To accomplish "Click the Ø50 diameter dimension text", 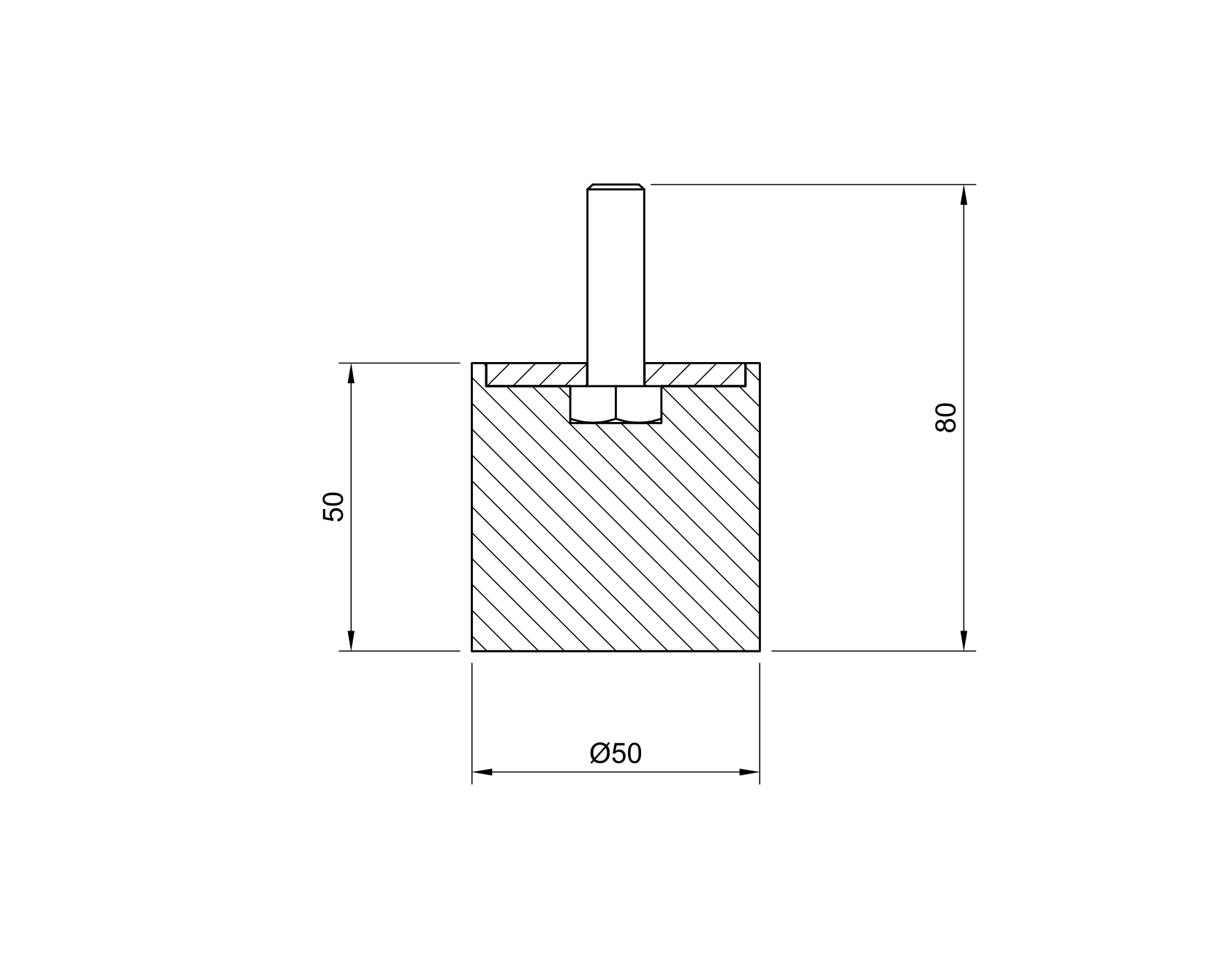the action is [615, 753].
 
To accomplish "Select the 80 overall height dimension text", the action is [946, 418].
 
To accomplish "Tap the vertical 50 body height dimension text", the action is [333, 506].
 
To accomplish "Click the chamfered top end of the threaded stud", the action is [616, 187].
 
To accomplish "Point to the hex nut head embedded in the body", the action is [616, 405].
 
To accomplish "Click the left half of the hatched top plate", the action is [537, 375].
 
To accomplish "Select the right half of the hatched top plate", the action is [695, 375].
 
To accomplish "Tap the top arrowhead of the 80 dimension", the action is [964, 195].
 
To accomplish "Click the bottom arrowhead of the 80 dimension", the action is [964, 640].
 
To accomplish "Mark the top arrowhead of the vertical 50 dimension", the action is [351, 373].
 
